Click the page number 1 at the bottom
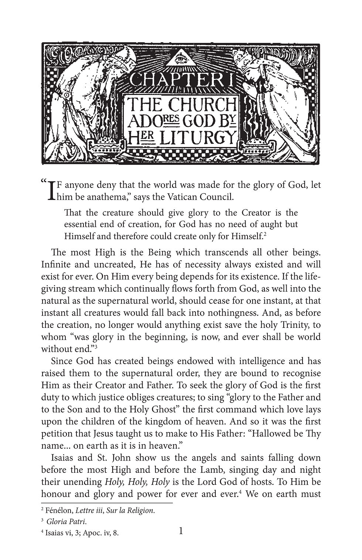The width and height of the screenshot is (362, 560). tap(181, 532)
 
